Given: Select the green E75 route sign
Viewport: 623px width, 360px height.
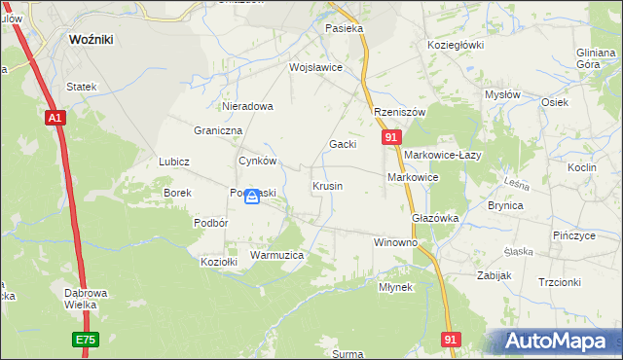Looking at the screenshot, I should (x=85, y=341).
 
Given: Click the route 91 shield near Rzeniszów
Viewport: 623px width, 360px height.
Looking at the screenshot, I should (x=389, y=139).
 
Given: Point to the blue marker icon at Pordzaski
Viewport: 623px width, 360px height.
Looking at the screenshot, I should (x=252, y=197).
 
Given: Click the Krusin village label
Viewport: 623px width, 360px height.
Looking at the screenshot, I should (x=327, y=185).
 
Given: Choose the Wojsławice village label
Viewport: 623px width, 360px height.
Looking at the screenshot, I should (x=315, y=68).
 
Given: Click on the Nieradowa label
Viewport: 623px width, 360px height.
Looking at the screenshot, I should (x=247, y=106).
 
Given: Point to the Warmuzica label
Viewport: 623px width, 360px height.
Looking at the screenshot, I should (x=277, y=255).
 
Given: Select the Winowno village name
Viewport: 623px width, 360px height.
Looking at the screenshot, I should (x=395, y=241).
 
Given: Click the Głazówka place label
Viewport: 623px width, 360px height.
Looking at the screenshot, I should (x=435, y=219).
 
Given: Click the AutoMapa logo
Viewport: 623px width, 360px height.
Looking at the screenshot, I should (x=561, y=342).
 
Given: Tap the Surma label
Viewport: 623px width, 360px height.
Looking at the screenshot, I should (x=348, y=354).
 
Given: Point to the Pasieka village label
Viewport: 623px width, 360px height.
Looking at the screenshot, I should (x=345, y=29).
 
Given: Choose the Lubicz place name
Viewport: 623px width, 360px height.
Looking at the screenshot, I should (x=173, y=162).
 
